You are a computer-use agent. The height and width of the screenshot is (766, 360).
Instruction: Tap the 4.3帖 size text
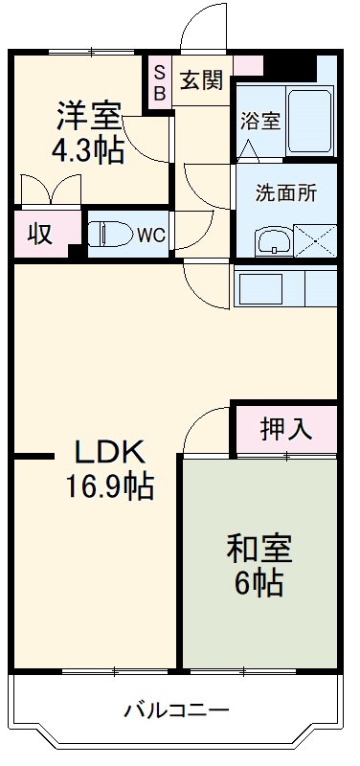[x=89, y=149]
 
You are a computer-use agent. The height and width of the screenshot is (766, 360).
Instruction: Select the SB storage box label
[x=159, y=82]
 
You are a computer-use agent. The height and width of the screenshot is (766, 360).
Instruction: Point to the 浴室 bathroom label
[x=260, y=122]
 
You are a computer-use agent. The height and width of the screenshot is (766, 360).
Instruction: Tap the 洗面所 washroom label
[x=284, y=190]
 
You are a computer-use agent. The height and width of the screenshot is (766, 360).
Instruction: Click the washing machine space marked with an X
[x=314, y=238]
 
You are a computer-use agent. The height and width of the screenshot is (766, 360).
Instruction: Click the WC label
[x=149, y=235]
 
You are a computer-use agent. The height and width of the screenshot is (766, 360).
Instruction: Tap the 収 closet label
[x=39, y=235]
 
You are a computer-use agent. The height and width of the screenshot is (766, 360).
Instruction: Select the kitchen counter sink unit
[x=284, y=288]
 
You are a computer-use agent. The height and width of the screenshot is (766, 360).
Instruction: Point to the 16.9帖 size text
[x=108, y=487]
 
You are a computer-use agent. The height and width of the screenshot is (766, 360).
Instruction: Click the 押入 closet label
[x=285, y=430]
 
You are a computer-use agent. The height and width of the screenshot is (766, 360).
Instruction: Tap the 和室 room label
[x=258, y=549]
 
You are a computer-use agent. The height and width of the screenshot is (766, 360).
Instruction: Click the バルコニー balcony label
[x=176, y=711]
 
